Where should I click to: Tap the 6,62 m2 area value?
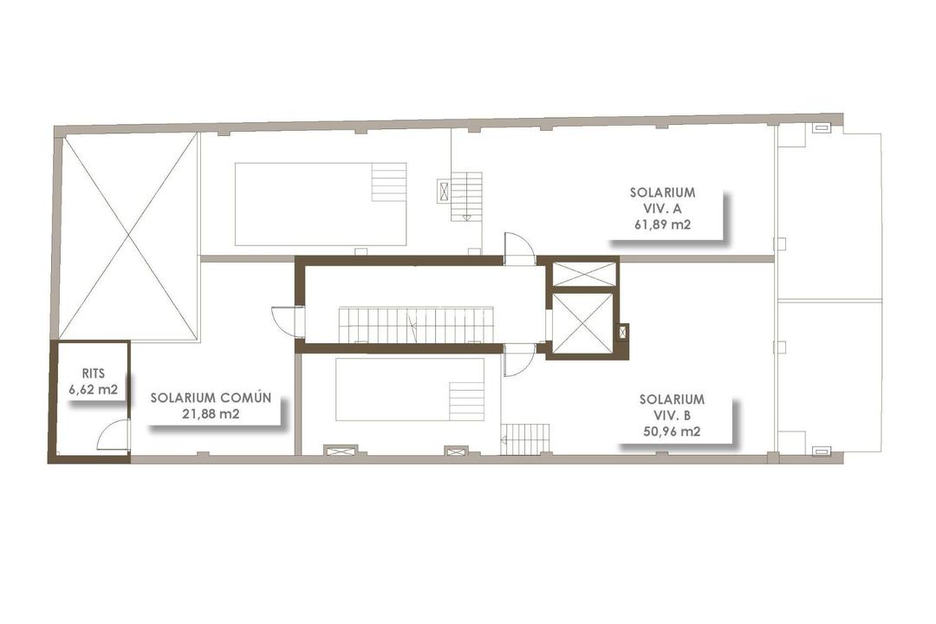pyautogui.click(x=93, y=389)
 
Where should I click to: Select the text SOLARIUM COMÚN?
pyautogui.click(x=211, y=398)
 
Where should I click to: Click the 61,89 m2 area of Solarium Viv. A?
pyautogui.click(x=663, y=224)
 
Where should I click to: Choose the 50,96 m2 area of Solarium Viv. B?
pyautogui.click(x=672, y=431)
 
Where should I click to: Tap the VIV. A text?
pyautogui.click(x=663, y=208)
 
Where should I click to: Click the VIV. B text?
pyautogui.click(x=672, y=415)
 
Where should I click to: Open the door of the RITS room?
pyautogui.click(x=114, y=435)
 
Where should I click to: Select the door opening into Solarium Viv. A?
pyautogui.click(x=520, y=249)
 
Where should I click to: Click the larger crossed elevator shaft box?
pyautogui.click(x=582, y=323)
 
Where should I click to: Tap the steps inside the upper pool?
pyautogui.click(x=389, y=182)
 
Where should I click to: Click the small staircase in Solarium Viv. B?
pyautogui.click(x=525, y=439)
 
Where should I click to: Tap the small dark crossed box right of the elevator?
pyautogui.click(x=621, y=331)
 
